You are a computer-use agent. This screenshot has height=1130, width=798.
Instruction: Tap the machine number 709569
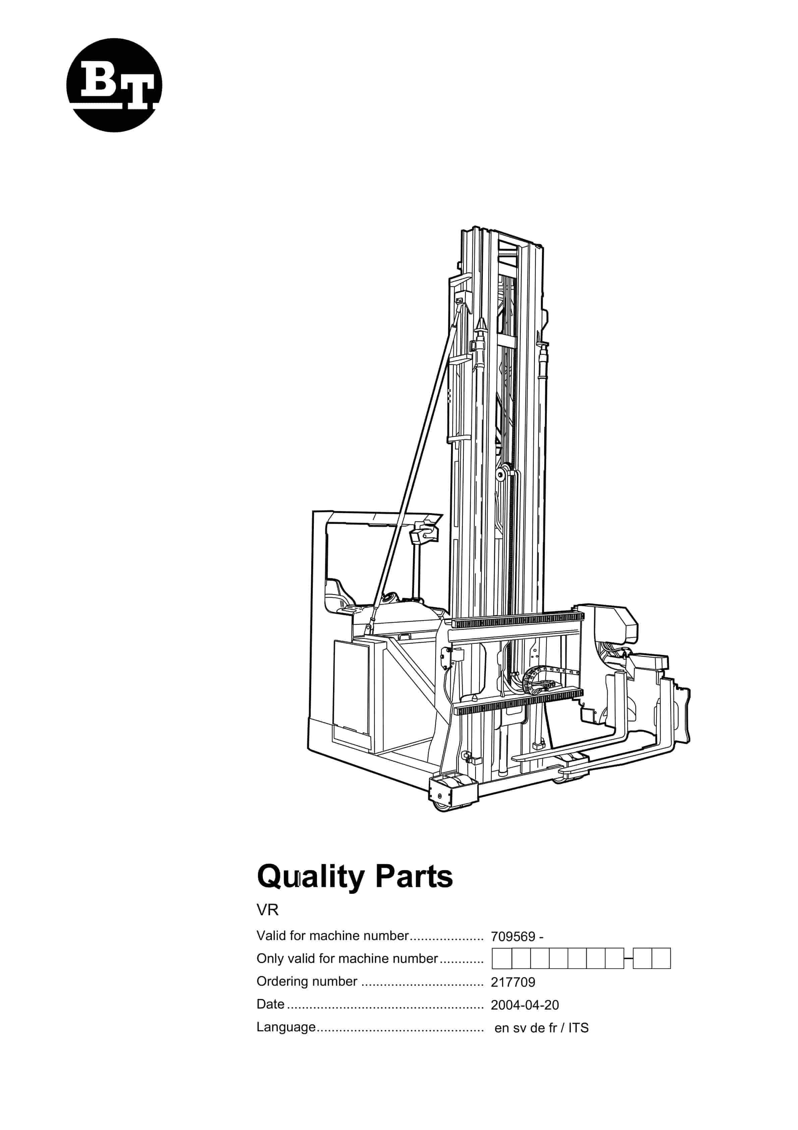point(513,937)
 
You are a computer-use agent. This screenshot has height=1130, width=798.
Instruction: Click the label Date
point(270,1004)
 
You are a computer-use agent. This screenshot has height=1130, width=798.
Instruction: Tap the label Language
point(286,1027)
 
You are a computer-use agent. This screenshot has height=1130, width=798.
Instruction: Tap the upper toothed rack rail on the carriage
point(517,621)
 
